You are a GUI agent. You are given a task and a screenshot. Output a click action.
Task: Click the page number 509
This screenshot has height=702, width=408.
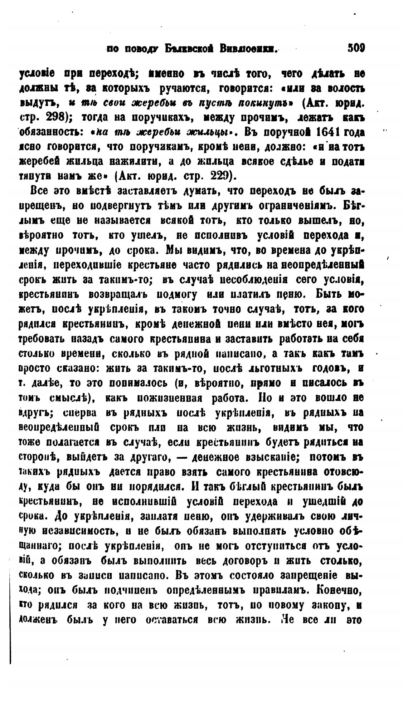356,48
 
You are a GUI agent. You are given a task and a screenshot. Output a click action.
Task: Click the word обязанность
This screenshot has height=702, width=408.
50,132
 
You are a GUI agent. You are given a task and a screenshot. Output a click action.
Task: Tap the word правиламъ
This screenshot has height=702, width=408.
273,590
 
